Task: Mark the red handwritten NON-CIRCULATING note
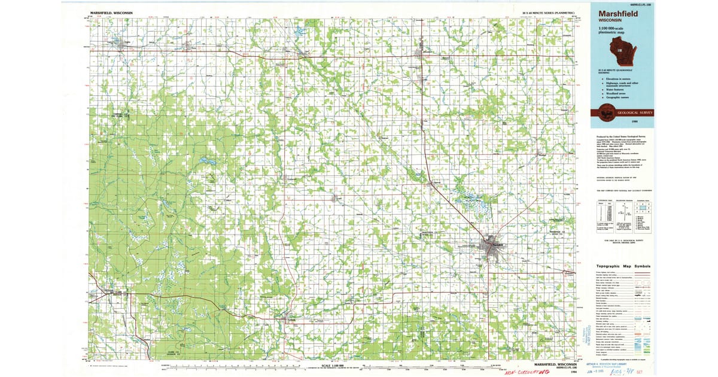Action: click(x=527, y=372)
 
